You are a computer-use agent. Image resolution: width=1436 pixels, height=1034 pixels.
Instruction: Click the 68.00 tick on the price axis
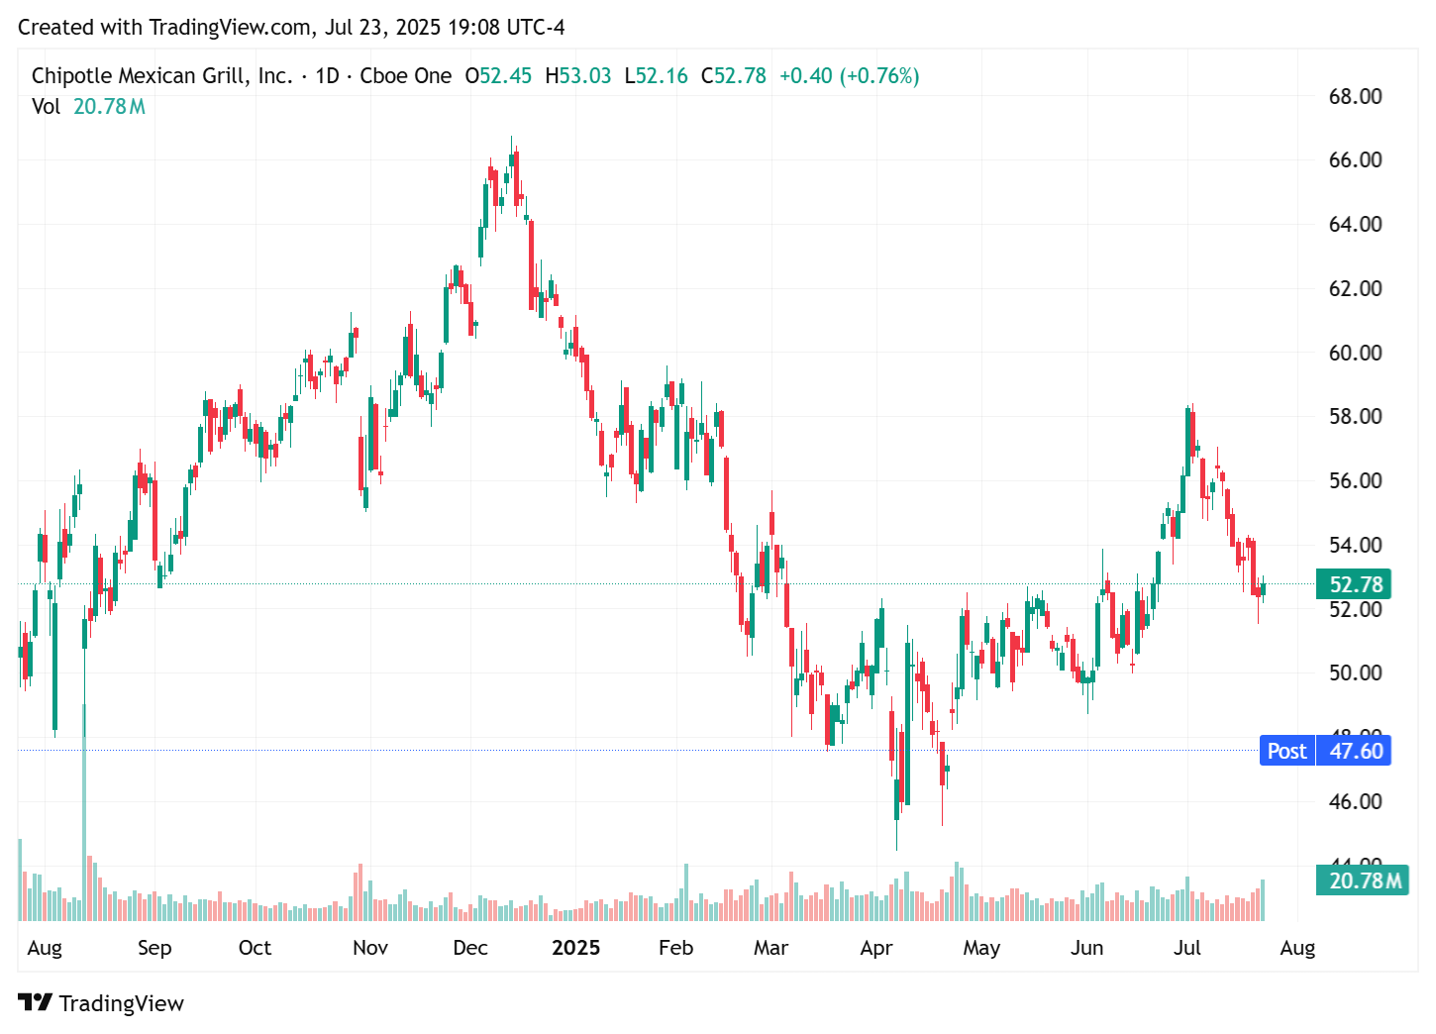click(x=1354, y=96)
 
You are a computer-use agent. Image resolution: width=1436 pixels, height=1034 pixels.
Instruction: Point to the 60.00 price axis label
click(x=1354, y=353)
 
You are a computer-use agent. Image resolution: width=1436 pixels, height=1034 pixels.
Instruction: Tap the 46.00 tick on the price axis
click(x=1354, y=801)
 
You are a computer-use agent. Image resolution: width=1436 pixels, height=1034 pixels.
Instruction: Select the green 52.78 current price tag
click(x=1353, y=584)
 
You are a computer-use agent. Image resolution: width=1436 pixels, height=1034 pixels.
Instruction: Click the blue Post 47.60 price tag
click(x=1324, y=751)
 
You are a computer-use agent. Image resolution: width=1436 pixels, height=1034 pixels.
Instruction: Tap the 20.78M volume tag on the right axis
click(x=1362, y=880)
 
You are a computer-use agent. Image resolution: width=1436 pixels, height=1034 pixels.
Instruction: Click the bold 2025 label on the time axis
click(x=575, y=948)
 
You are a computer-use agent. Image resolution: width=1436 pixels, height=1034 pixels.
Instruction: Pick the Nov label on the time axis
click(x=369, y=948)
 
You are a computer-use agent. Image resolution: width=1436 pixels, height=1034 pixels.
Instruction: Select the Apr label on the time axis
click(x=875, y=948)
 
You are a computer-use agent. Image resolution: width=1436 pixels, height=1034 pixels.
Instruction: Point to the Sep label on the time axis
click(x=154, y=948)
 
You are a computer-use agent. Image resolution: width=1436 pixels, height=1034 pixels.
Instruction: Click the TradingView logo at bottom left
click(x=101, y=1003)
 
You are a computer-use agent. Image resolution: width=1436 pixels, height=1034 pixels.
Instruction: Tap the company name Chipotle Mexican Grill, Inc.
click(x=161, y=76)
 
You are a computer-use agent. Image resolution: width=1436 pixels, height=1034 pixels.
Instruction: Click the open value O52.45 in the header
click(x=498, y=76)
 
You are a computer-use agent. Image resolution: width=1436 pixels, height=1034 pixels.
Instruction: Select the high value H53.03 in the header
click(x=578, y=76)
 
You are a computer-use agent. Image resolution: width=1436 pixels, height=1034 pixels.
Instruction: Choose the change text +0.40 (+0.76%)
click(x=849, y=76)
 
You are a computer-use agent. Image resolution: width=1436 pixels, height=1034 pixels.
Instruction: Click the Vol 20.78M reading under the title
click(x=88, y=107)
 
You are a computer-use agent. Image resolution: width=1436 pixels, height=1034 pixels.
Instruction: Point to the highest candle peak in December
click(x=512, y=139)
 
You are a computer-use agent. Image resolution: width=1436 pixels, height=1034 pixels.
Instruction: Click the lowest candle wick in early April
click(x=896, y=847)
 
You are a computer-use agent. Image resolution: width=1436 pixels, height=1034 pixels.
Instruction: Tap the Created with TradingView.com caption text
click(x=291, y=28)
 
